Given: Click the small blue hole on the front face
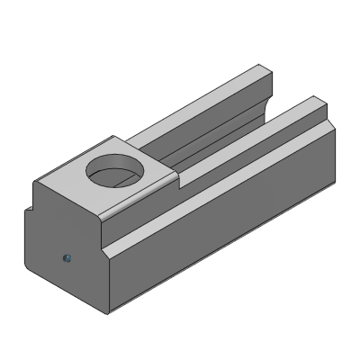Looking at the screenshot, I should coord(67,259).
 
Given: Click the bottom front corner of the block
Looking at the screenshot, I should coord(109,314).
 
